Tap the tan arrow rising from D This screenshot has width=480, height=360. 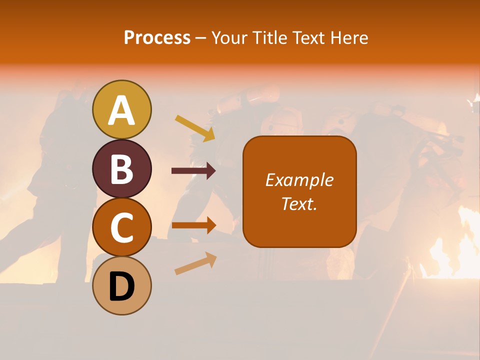(195, 263)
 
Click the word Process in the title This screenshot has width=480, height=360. (157, 37)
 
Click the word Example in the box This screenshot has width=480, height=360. (299, 180)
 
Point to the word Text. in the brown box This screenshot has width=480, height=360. (299, 204)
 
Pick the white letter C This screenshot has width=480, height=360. (121, 227)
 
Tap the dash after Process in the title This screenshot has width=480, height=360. (201, 38)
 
